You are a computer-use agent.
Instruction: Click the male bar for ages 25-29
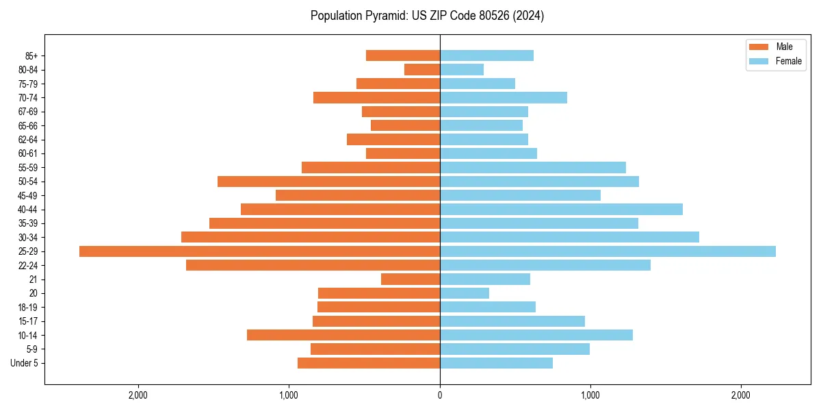(259, 251)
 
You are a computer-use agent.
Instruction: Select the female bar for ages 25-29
(608, 251)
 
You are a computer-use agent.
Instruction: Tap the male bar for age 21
(410, 279)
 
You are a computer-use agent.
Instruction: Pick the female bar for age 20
(465, 293)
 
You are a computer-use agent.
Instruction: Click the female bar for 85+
(486, 55)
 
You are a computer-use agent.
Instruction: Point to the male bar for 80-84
(422, 70)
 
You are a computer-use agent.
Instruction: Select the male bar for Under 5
(369, 363)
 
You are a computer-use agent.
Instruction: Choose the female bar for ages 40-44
(561, 210)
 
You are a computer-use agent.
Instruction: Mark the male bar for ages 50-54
(328, 182)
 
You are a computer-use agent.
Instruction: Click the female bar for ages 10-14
(536, 335)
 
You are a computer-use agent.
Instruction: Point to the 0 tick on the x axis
(440, 395)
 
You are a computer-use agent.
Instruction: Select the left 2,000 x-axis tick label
(138, 395)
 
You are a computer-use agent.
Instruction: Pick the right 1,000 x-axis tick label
(590, 395)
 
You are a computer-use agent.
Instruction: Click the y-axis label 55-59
(29, 168)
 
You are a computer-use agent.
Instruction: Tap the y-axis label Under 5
(24, 363)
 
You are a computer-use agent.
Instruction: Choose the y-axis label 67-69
(29, 112)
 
